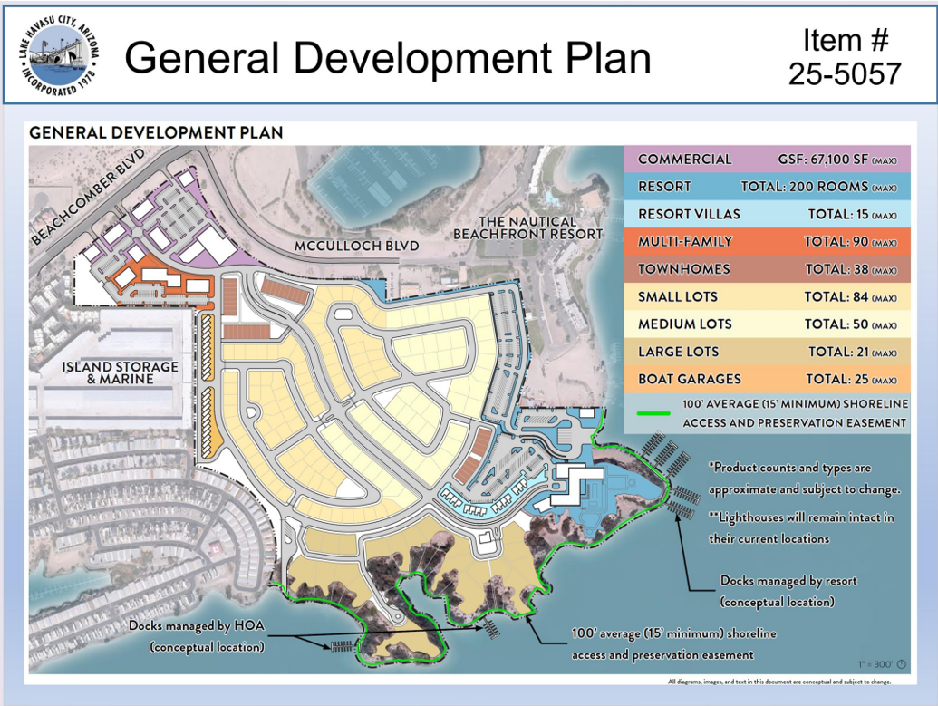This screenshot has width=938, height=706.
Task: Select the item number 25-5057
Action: click(845, 73)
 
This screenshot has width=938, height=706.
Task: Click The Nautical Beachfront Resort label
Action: click(527, 227)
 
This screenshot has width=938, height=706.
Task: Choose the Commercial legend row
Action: click(767, 160)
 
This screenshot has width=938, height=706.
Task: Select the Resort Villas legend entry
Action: click(767, 215)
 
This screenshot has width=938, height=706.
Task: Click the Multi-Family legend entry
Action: click(767, 242)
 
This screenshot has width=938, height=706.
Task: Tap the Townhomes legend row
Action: click(767, 270)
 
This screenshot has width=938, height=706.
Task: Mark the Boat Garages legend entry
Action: click(767, 380)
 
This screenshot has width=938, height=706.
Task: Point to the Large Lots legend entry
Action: click(767, 353)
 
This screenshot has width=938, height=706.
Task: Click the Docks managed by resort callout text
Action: click(788, 590)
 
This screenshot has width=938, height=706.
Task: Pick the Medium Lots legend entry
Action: click(767, 324)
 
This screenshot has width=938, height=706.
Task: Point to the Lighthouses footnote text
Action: click(801, 527)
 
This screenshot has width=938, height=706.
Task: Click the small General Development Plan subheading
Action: click(156, 132)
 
